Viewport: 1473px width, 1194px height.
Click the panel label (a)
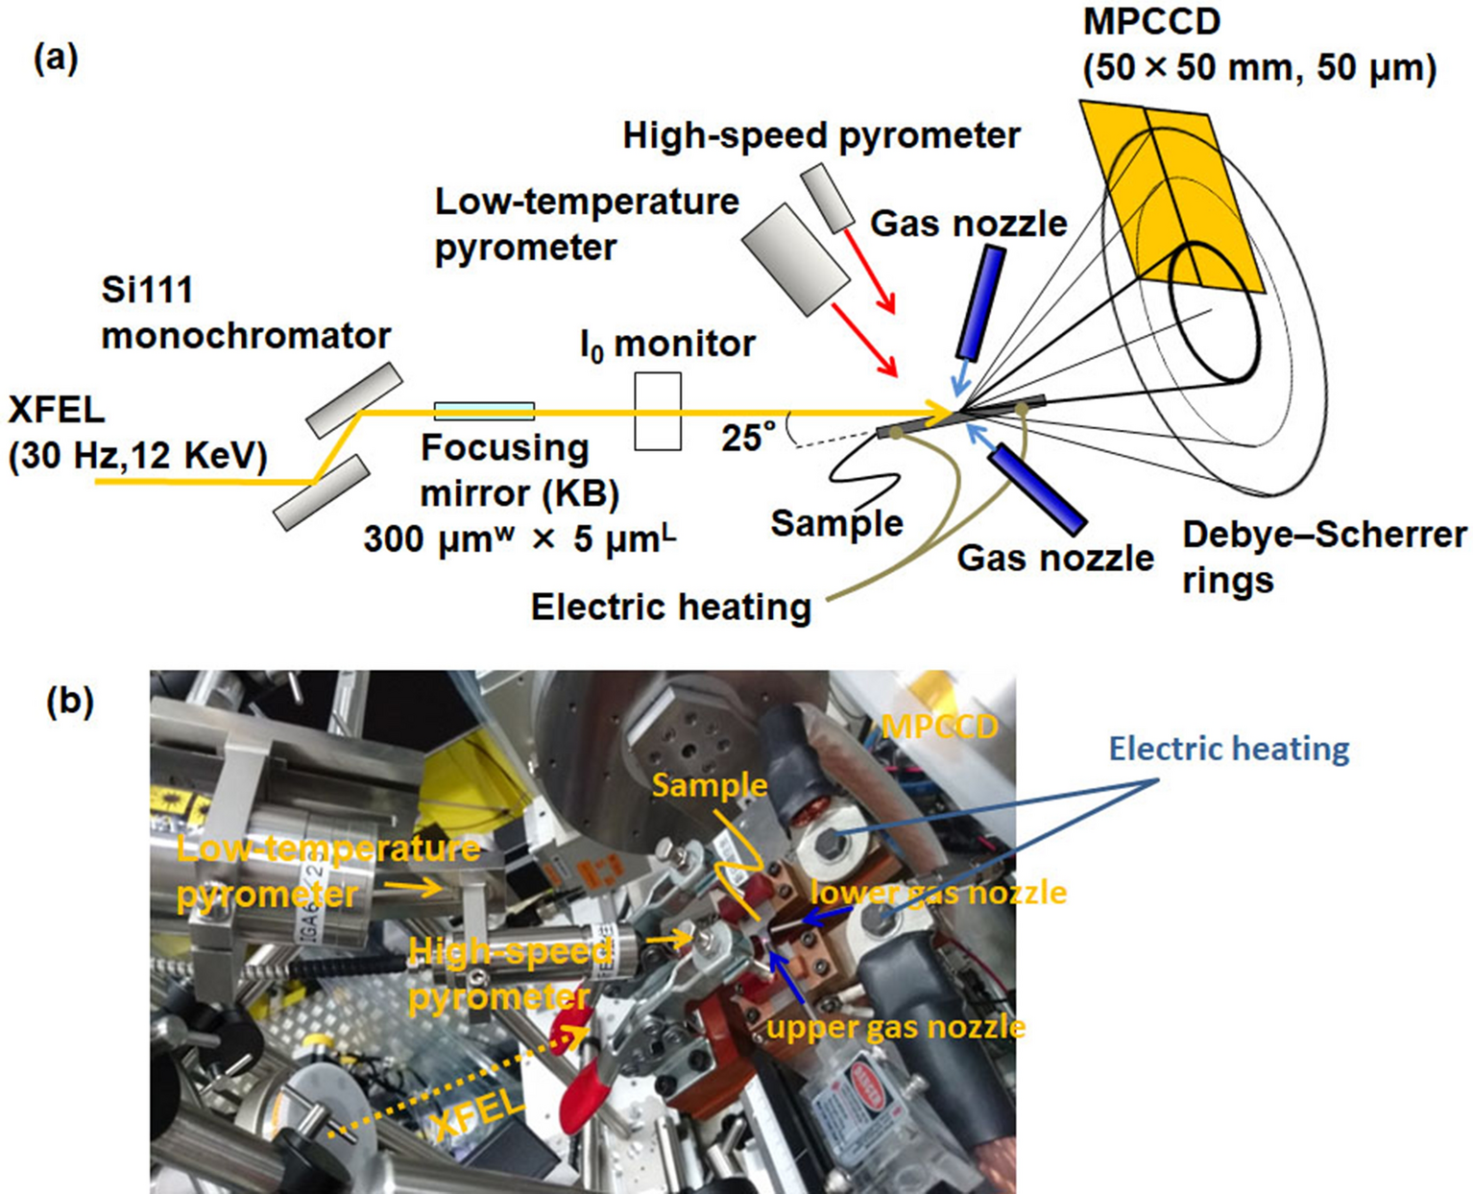click(x=56, y=60)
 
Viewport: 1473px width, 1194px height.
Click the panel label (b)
click(x=70, y=702)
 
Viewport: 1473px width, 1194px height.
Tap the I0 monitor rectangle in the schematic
click(x=658, y=411)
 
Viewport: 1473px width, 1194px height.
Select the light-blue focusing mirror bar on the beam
click(x=484, y=411)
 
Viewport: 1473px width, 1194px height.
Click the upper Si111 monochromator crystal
click(x=353, y=399)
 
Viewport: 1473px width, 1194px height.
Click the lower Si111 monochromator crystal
click(x=321, y=492)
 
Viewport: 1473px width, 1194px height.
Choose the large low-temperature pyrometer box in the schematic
click(x=795, y=258)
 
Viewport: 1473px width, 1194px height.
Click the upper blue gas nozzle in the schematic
click(x=980, y=301)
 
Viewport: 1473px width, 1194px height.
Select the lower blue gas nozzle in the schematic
click(x=1037, y=489)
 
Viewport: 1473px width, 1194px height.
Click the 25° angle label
click(x=748, y=438)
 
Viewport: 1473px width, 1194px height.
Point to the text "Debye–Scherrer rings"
click(x=1323, y=557)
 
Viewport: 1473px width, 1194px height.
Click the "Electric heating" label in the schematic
click(x=670, y=607)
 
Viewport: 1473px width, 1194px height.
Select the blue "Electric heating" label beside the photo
click(x=1228, y=748)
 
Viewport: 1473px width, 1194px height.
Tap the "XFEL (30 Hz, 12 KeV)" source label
click(x=136, y=433)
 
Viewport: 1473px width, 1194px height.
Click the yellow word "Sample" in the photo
click(x=710, y=784)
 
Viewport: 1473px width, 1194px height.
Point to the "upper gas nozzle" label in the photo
click(x=895, y=1027)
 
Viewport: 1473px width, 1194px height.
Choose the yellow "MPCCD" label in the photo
click(x=939, y=727)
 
